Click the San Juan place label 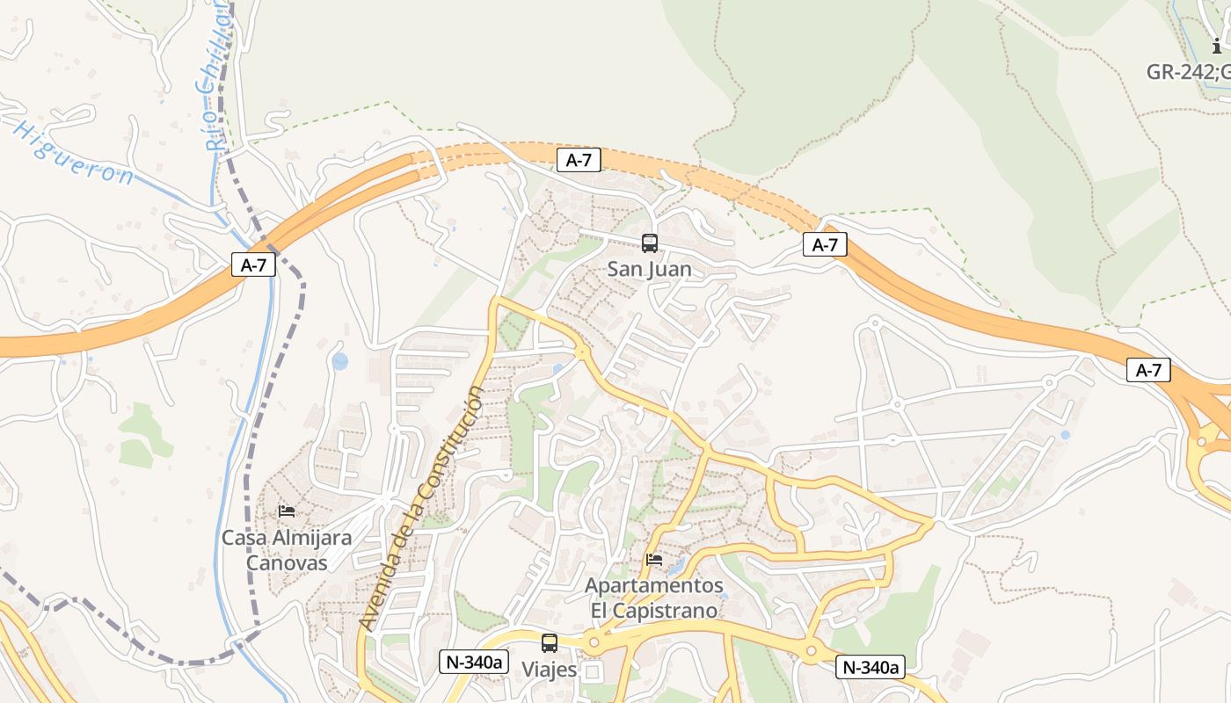649,269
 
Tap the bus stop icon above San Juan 649,243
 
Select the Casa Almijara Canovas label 287,550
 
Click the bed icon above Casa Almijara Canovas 287,511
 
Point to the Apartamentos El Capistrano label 654,598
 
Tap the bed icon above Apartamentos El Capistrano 653,559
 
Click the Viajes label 550,670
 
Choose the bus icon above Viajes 550,643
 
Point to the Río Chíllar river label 216,75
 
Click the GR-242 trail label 1187,72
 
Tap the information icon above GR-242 1217,46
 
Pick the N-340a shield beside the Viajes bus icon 474,662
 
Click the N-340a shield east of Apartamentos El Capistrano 870,667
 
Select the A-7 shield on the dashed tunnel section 579,160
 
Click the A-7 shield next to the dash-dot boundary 253,265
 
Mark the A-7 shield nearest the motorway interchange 1148,370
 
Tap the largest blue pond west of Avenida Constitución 340,361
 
